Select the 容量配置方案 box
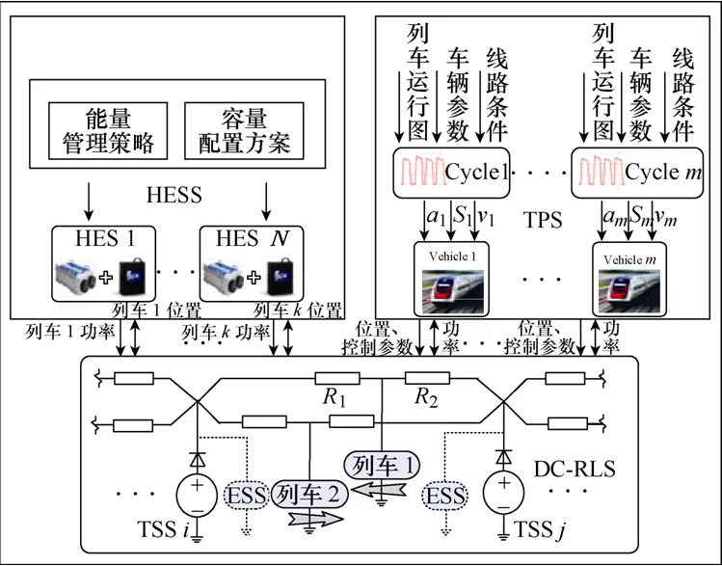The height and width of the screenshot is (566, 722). tap(237, 131)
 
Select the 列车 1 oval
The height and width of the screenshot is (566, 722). tap(383, 464)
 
